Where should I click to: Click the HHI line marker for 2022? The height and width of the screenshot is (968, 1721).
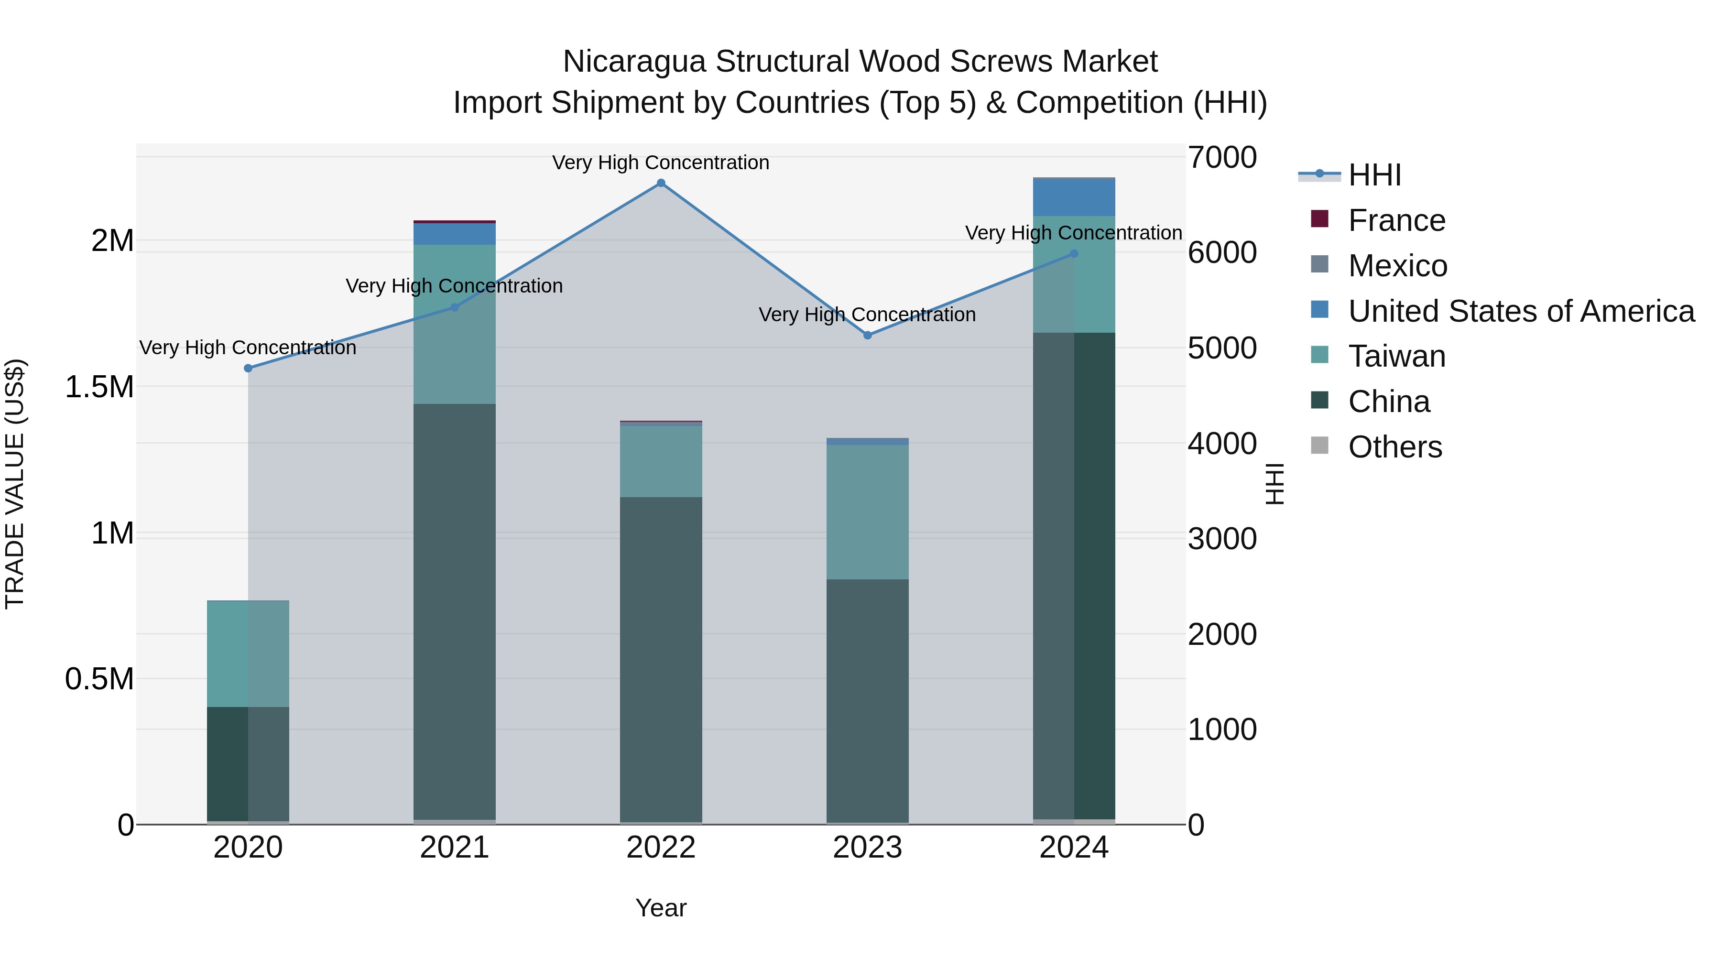[x=661, y=183]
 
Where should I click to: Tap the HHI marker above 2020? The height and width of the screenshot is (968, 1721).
[x=248, y=368]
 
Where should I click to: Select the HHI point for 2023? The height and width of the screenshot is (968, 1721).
[x=867, y=336]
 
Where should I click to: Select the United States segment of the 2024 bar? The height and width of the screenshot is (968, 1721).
[x=1074, y=197]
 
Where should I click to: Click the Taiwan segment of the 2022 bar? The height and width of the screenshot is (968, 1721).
[x=661, y=461]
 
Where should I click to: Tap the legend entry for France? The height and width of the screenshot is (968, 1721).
[x=1396, y=220]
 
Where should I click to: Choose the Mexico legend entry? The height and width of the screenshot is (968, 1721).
[x=1398, y=266]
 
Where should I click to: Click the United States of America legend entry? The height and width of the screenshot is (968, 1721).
[x=1521, y=311]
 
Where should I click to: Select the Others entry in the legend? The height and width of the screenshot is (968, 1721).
[x=1395, y=447]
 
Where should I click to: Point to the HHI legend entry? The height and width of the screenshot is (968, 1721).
[x=1374, y=175]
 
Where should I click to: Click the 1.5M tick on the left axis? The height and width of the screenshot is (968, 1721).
[x=99, y=388]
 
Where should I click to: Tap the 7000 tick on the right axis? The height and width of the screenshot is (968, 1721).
[x=1222, y=158]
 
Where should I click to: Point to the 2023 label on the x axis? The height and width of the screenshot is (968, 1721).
[x=867, y=848]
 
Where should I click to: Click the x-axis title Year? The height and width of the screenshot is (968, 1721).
[x=661, y=908]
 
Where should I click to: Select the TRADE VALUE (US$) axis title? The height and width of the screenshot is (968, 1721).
[x=15, y=484]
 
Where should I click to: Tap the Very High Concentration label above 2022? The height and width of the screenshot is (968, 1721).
[x=661, y=163]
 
